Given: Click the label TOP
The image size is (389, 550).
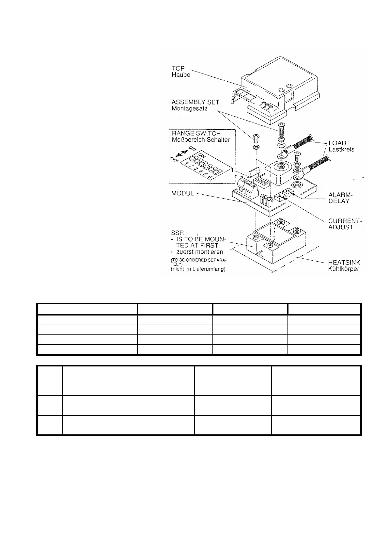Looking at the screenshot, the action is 178,68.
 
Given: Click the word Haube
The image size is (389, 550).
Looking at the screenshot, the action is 181,75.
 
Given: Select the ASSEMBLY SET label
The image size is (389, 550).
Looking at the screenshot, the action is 195,102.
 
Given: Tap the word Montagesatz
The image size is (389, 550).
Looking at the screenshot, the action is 189,108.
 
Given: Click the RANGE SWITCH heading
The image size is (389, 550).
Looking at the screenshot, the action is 196,133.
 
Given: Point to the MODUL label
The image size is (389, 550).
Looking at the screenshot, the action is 183,193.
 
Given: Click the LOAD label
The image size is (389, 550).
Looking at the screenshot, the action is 337,143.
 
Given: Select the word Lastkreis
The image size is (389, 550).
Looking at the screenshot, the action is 341,149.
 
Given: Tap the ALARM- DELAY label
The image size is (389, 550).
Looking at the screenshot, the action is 340,198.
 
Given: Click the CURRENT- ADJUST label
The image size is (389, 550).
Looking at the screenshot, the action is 345,224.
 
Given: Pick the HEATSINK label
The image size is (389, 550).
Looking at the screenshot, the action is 344,263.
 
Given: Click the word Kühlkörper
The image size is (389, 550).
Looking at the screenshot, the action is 343,269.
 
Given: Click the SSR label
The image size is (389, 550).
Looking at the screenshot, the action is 178,233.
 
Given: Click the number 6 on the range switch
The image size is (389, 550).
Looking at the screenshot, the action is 210,177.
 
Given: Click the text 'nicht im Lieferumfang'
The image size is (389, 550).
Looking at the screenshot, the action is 198,269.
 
